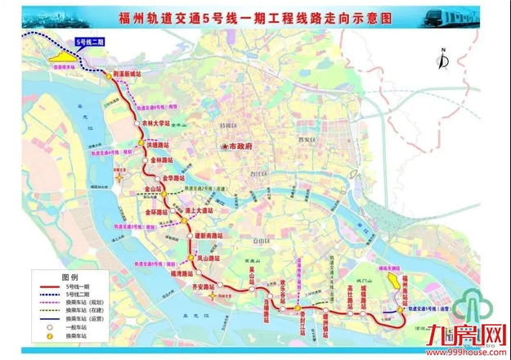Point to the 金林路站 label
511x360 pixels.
tap(164, 160)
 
